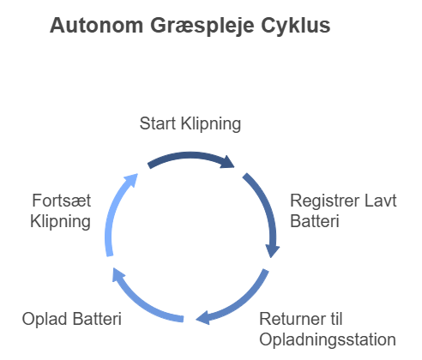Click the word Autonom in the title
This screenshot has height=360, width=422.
96,26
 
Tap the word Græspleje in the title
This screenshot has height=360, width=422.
202,27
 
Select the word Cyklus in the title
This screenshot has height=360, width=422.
296,27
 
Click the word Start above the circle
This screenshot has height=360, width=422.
158,123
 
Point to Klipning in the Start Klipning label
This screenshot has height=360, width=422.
211,124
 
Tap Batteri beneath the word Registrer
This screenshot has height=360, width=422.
315,221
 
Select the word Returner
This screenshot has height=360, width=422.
294,319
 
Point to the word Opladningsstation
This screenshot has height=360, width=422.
328,340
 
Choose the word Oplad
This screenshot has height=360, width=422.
45,320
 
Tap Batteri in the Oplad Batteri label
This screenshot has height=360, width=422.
97,319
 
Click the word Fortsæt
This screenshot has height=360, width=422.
62,201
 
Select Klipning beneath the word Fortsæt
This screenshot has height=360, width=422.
61,222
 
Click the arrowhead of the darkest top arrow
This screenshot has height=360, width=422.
228,162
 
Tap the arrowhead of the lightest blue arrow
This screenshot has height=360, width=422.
131,180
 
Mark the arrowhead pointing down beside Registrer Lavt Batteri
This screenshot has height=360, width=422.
272,251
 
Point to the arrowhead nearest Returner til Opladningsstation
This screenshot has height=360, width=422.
203,318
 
